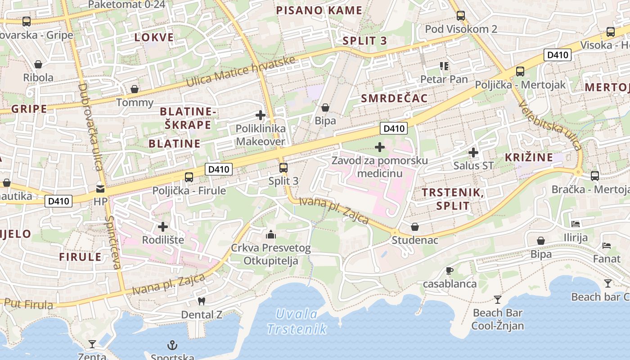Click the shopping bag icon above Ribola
click(38, 64)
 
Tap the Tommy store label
click(135, 102)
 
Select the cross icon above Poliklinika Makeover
click(260, 115)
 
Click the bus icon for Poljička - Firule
click(189, 177)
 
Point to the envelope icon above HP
click(100, 189)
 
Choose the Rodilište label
click(163, 240)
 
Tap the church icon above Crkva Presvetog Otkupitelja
click(271, 234)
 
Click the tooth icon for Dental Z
click(202, 301)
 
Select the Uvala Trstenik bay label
click(297, 321)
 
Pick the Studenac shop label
click(414, 240)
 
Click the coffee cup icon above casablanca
click(449, 270)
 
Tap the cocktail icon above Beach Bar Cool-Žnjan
click(497, 299)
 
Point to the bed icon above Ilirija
click(576, 224)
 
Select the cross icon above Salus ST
click(473, 153)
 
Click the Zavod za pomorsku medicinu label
click(380, 166)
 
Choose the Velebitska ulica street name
click(550, 125)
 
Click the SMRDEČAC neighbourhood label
click(394, 98)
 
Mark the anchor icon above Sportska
click(172, 346)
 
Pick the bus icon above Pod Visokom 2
click(461, 16)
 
